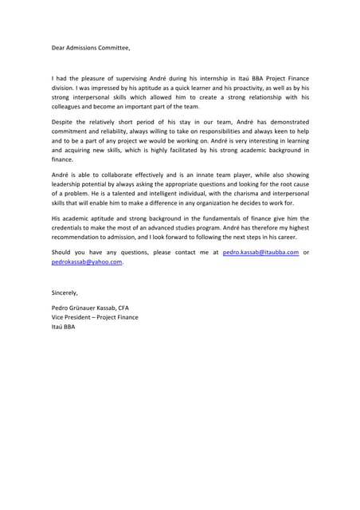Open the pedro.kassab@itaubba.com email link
point(260,252)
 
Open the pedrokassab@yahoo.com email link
point(86,261)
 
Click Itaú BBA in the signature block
point(63,326)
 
